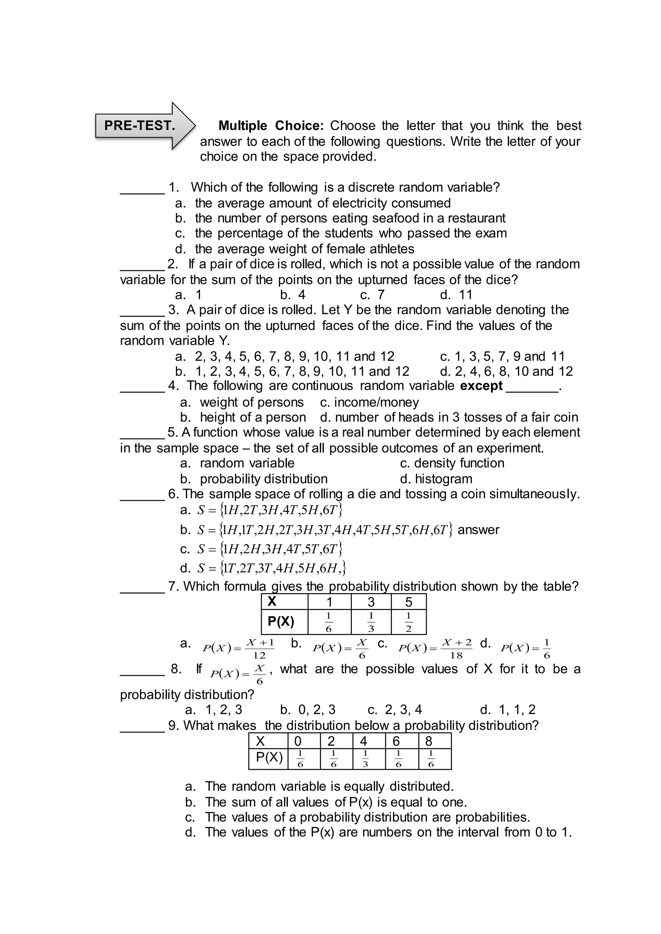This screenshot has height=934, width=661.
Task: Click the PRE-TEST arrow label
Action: pyautogui.click(x=140, y=125)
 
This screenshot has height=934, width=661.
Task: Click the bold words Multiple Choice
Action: pyautogui.click(x=271, y=126)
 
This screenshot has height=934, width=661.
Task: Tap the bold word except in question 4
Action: pyautogui.click(x=482, y=386)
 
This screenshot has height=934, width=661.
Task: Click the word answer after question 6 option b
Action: pyautogui.click(x=478, y=530)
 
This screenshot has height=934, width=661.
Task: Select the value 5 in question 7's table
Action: pyautogui.click(x=409, y=602)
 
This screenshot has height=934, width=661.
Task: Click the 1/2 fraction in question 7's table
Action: pyautogui.click(x=409, y=622)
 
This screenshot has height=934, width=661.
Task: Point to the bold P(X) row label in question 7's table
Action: pyautogui.click(x=281, y=622)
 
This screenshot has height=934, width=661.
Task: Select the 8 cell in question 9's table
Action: pyautogui.click(x=428, y=741)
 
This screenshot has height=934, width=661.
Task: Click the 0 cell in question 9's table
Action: pyautogui.click(x=298, y=741)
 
